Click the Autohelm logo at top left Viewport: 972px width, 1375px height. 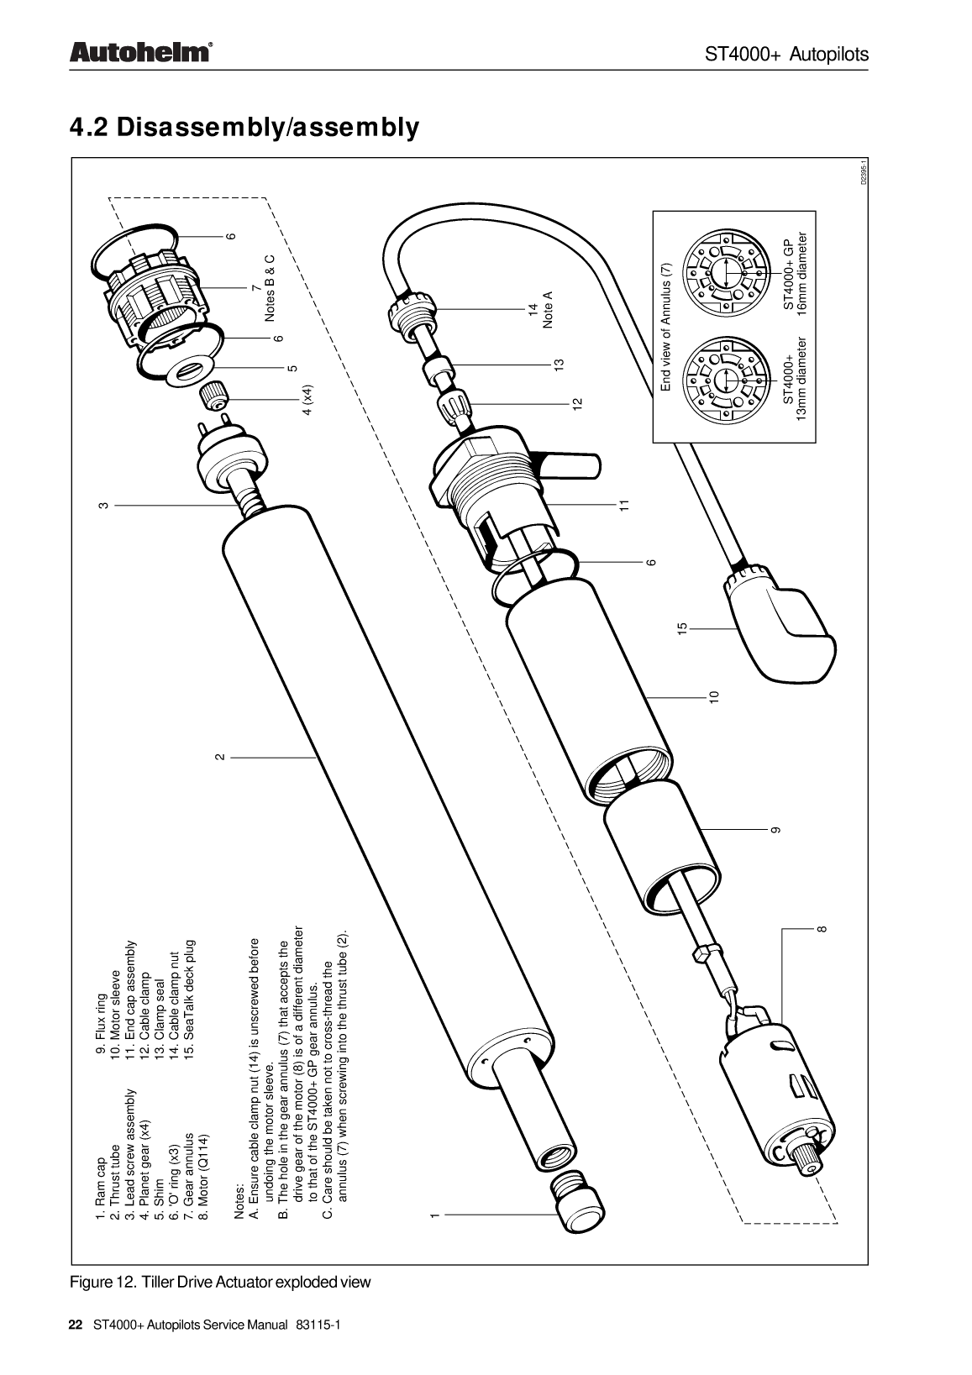(139, 53)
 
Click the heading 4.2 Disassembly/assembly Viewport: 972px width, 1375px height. (244, 128)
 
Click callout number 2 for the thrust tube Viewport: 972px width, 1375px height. (220, 757)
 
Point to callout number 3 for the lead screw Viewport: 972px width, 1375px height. (102, 506)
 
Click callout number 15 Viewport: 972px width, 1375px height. (682, 627)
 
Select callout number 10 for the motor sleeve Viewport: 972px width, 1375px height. (713, 696)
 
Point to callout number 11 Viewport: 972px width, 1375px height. (623, 505)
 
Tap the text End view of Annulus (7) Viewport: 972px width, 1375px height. (665, 326)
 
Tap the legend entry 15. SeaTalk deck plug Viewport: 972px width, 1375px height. (190, 999)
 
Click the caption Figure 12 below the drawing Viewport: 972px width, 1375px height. (219, 1282)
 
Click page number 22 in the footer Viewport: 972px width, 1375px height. (75, 1325)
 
